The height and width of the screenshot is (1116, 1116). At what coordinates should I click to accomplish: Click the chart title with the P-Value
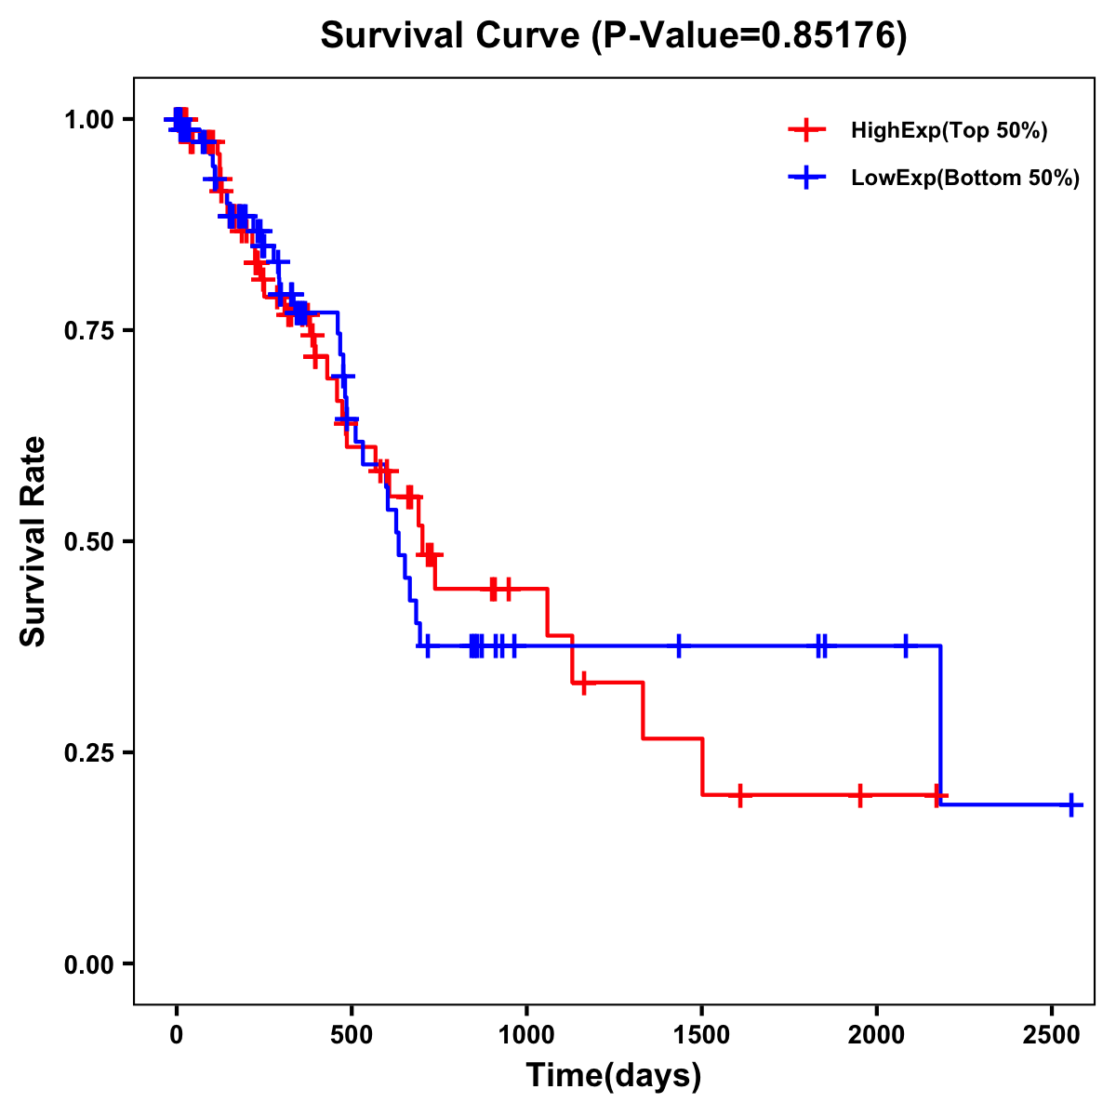point(614,36)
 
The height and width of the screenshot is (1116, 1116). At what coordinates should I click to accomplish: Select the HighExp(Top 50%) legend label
point(950,131)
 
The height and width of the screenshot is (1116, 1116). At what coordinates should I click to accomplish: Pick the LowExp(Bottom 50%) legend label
point(965,179)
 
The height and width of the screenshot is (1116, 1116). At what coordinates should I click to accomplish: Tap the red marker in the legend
point(807,131)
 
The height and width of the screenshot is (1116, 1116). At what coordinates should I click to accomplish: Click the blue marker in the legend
point(807,179)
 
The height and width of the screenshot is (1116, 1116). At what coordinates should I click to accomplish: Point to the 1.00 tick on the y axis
point(88,120)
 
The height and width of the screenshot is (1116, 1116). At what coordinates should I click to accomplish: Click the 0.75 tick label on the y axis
point(88,331)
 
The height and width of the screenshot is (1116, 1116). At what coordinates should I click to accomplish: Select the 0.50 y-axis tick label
point(88,542)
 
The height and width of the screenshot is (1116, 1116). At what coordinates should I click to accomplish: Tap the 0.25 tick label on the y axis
point(88,753)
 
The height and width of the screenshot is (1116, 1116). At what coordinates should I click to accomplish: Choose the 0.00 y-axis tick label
point(88,964)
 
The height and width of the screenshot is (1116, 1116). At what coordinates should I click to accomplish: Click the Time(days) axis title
point(614,1076)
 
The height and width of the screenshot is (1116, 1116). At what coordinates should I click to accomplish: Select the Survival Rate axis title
point(33,541)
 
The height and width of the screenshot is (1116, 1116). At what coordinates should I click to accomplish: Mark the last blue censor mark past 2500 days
point(1072,804)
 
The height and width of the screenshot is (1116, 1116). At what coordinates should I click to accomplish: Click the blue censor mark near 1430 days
point(679,645)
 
